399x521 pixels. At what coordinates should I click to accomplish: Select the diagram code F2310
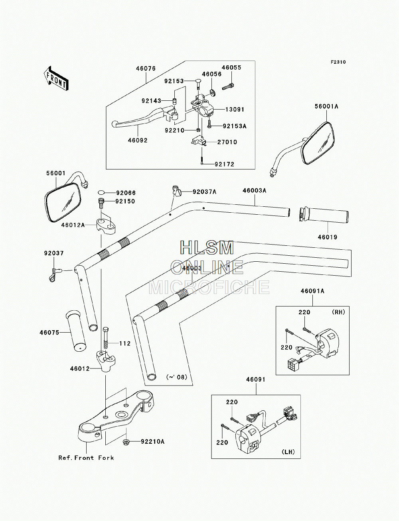[338, 62]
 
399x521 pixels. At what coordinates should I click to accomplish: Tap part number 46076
[146, 69]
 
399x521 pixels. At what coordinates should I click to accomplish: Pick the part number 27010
[227, 142]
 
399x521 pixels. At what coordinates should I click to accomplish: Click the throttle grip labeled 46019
[324, 215]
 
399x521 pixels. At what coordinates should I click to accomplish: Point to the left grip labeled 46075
[76, 331]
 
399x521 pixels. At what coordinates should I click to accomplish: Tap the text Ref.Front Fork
[86, 458]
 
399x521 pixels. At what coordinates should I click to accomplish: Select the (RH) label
[338, 312]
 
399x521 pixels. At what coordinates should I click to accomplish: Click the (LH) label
[288, 452]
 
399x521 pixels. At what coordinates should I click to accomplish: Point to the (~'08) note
[177, 377]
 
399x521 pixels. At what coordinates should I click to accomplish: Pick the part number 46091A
[312, 291]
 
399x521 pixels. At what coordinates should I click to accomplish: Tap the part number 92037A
[205, 192]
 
